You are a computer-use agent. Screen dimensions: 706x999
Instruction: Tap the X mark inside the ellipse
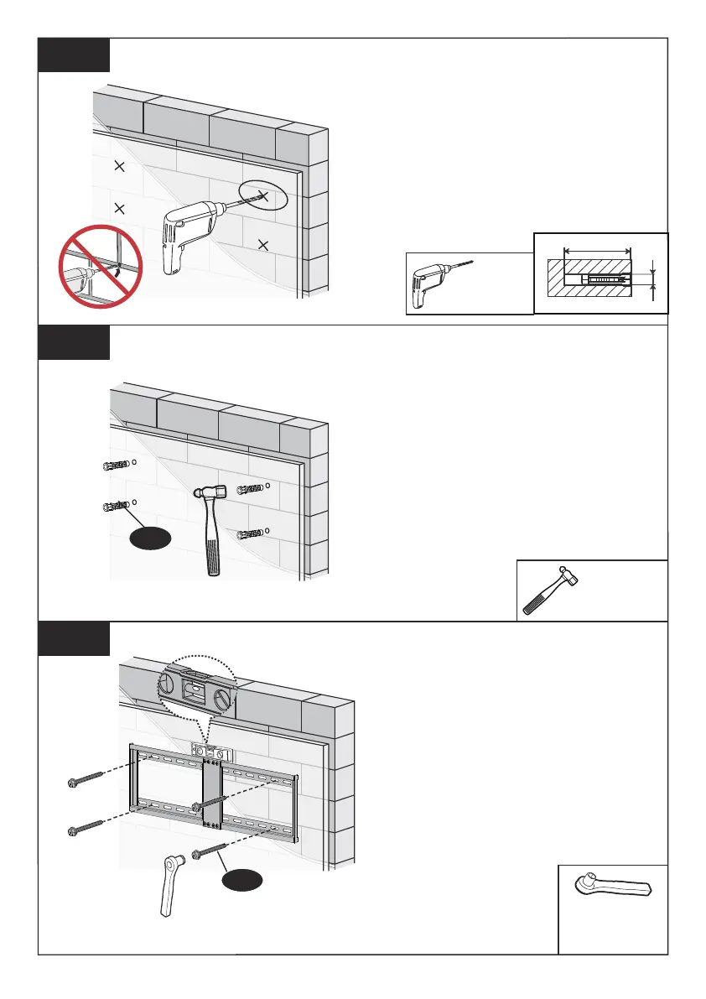pyautogui.click(x=263, y=196)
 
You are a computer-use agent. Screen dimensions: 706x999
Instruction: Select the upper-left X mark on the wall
pyautogui.click(x=119, y=168)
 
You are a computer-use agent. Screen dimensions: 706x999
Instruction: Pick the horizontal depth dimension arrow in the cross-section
pyautogui.click(x=598, y=249)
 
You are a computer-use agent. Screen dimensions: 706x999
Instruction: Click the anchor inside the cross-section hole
pyautogui.click(x=605, y=278)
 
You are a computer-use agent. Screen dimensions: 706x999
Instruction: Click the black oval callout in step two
pyautogui.click(x=151, y=538)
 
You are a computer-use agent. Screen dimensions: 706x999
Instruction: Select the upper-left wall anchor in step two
pyautogui.click(x=114, y=466)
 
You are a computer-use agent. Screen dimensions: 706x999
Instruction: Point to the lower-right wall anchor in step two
pyautogui.click(x=251, y=534)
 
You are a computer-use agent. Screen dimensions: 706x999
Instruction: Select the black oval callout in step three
pyautogui.click(x=241, y=881)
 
